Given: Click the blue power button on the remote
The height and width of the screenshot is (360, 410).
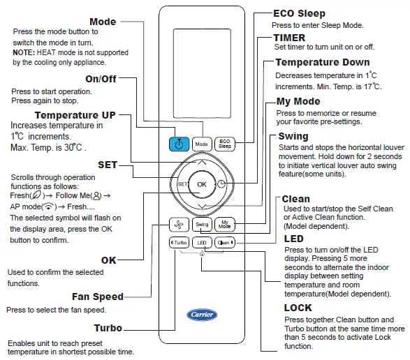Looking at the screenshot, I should click(179, 144).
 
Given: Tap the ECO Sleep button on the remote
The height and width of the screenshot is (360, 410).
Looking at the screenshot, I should click(225, 144).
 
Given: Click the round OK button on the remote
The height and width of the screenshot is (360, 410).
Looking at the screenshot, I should click(202, 184).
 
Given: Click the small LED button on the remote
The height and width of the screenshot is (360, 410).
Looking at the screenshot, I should click(202, 243).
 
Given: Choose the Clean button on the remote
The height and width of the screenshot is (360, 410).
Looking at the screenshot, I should click(224, 243).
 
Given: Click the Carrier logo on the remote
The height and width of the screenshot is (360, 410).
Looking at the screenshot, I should click(202, 314).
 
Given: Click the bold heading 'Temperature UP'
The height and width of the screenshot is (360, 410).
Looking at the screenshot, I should click(75, 115).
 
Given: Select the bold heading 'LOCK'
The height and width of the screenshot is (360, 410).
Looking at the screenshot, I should click(298, 308).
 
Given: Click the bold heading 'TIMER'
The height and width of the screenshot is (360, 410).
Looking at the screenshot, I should click(288, 37).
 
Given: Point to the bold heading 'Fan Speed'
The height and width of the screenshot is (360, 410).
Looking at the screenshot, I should click(98, 297).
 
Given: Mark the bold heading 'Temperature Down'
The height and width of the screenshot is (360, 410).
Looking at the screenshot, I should click(322, 63).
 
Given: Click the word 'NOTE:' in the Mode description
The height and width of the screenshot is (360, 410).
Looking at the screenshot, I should click(25, 52).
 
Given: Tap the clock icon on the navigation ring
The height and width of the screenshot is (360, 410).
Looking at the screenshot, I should click(222, 184).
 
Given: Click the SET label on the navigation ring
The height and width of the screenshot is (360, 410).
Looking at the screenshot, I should click(180, 184).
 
